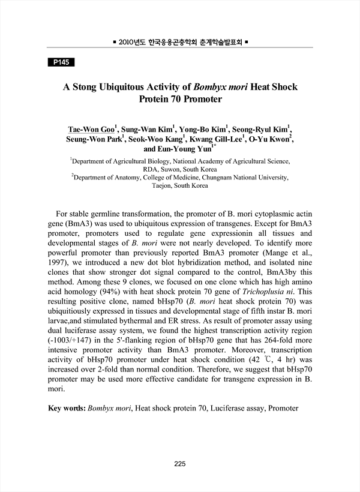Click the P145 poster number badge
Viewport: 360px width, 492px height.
(60, 62)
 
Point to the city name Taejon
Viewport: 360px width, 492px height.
(163, 187)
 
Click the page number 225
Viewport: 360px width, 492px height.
(180, 463)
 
